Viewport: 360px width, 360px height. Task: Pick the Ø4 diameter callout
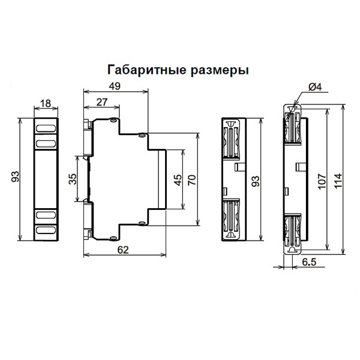pyautogui.click(x=314, y=87)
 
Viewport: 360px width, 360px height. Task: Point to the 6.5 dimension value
pyautogui.click(x=310, y=262)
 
